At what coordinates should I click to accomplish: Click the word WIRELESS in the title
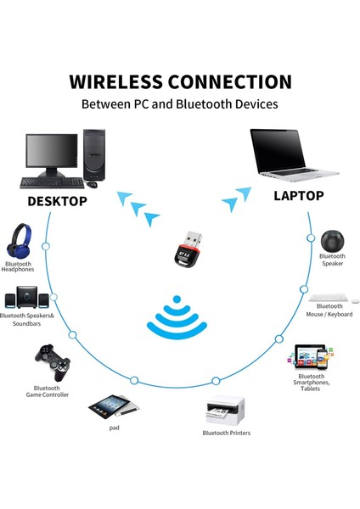point(116,82)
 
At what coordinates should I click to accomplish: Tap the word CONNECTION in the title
point(230,82)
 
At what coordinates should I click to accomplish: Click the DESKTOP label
point(57,202)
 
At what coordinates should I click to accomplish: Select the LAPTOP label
point(298,196)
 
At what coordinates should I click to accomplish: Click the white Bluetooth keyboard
point(327,299)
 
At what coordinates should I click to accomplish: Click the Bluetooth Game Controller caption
point(48,391)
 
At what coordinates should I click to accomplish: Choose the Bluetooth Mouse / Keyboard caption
point(329,310)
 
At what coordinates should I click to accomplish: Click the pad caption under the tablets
point(114,427)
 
